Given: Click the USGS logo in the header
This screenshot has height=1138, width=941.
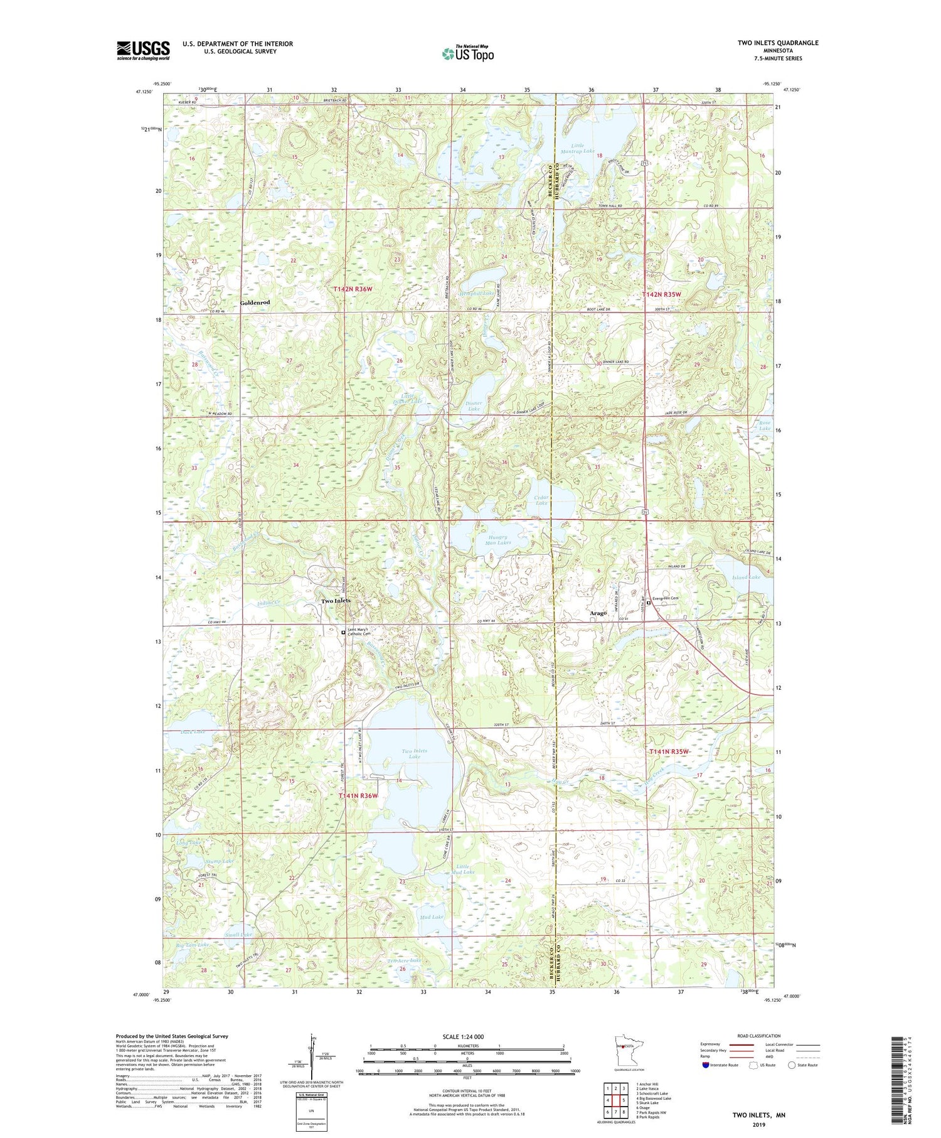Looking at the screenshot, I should coord(143,50).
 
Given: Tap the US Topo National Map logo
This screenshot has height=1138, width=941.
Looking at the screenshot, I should coord(468,53).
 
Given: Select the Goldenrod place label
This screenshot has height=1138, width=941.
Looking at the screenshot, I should coord(255,303).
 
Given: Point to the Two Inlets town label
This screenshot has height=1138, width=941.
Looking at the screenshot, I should coord(336,601).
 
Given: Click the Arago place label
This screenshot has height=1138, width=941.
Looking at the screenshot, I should coord(597,613).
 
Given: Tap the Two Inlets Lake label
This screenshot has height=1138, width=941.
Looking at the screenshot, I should coord(415,754).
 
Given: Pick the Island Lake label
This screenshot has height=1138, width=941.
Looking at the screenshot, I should coord(746,577).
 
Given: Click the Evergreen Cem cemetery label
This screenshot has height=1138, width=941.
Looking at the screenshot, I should coord(665,598).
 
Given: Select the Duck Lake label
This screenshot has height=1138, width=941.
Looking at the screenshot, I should coord(193,732).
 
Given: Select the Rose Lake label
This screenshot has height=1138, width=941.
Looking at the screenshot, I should coord(764,426).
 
